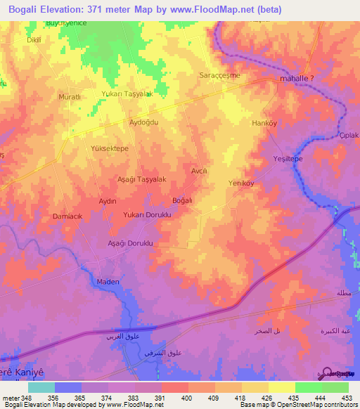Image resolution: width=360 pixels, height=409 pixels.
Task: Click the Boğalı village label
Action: point(182,201)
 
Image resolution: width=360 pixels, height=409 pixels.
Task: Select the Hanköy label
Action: point(264,123)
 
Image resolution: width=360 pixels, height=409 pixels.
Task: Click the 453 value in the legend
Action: point(347,398)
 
